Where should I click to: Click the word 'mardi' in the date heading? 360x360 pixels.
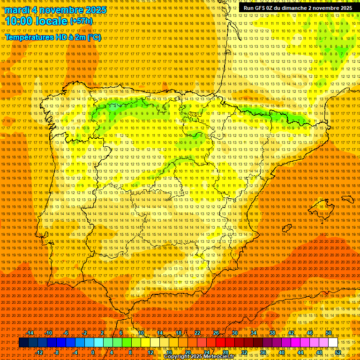point(17,10)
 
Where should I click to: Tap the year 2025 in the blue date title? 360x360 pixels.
point(94,10)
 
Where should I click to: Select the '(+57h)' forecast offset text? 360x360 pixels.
point(81,22)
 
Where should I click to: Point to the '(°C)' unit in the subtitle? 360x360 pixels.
point(94,37)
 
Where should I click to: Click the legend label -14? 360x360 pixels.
point(30,333)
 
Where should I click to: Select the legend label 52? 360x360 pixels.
point(338,352)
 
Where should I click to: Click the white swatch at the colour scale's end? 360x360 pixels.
point(333,343)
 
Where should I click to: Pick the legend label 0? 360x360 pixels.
point(93,352)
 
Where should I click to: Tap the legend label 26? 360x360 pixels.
point(216,333)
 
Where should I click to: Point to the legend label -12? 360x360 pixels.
point(39,352)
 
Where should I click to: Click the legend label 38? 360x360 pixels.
point(272,333)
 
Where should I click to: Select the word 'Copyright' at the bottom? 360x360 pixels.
point(177,357)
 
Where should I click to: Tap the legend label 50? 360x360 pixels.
point(329,333)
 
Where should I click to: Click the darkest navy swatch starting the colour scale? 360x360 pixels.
point(23,343)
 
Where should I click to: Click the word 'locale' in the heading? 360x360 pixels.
point(52,21)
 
